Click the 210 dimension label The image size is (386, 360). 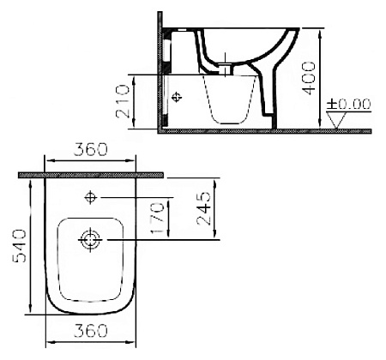click(x=124, y=101)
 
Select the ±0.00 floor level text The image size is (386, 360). click(x=350, y=105)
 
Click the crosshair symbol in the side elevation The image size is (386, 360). click(x=178, y=97)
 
